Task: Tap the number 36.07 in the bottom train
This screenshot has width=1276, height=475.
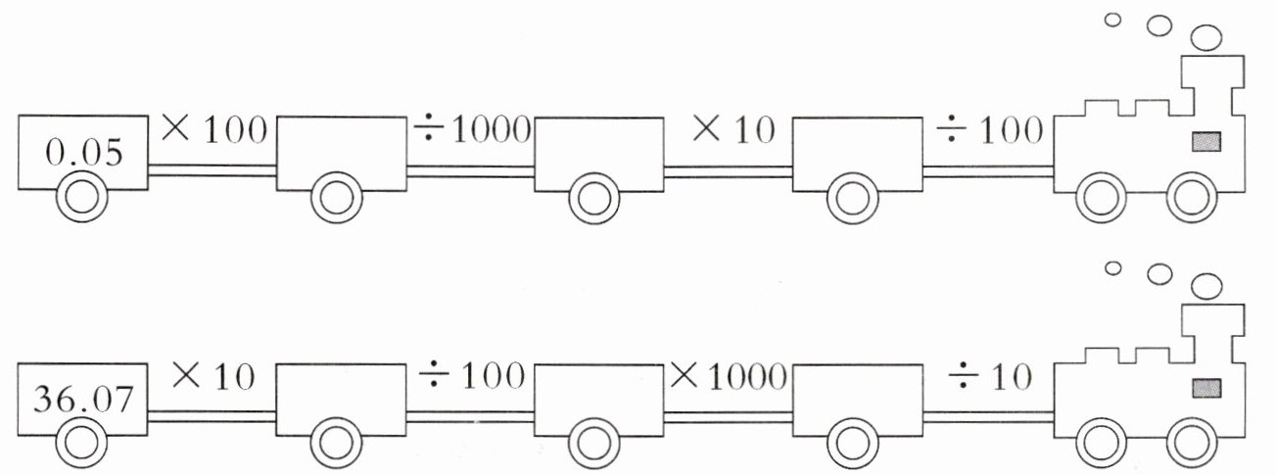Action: pos(82,400)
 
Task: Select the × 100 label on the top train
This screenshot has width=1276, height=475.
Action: pos(213,130)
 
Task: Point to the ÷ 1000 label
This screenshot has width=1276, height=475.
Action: pos(470,130)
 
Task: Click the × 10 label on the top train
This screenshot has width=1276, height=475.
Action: pos(732,130)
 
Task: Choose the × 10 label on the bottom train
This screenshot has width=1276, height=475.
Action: pos(213,375)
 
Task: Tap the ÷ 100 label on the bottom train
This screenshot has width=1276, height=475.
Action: pos(470,375)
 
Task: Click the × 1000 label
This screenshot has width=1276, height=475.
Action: pos(730,375)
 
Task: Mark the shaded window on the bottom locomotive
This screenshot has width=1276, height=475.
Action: pos(1206,388)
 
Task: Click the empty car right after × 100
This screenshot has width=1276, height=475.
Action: pos(341,152)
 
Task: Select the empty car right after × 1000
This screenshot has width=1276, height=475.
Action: pos(858,397)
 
